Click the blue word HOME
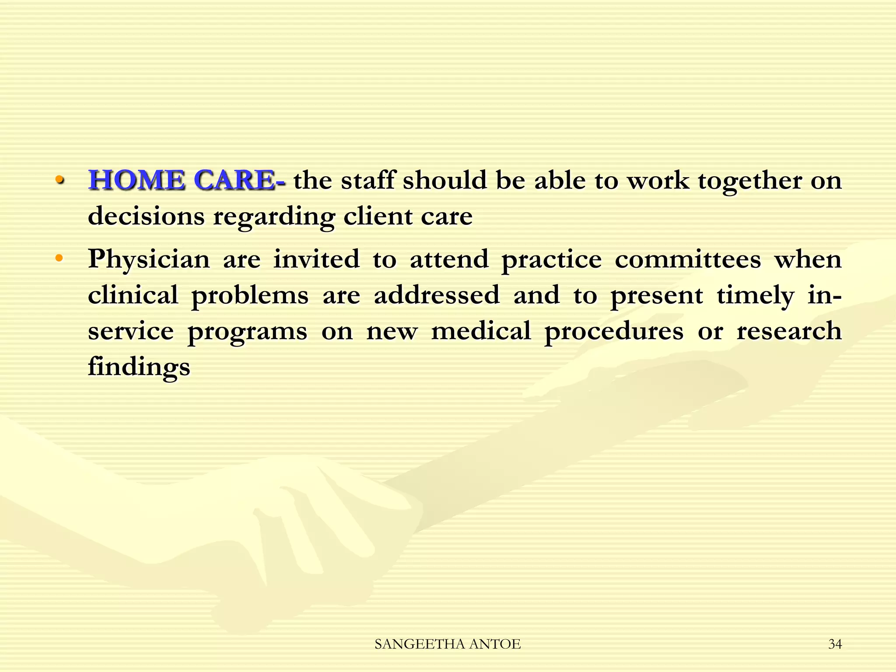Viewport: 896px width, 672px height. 136,180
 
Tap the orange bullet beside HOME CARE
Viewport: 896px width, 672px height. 59,180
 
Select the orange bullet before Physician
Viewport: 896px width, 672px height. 59,258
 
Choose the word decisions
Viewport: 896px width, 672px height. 146,216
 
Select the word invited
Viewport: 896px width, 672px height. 316,259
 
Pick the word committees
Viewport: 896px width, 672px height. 688,259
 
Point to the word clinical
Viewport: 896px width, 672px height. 133,294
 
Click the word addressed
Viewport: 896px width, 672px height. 436,294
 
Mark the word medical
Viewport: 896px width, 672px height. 481,330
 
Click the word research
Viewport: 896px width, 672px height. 789,330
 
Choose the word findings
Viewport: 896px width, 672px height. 139,367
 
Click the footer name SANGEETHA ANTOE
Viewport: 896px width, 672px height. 448,644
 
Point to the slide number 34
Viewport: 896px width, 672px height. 835,644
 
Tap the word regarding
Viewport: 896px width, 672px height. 273,217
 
